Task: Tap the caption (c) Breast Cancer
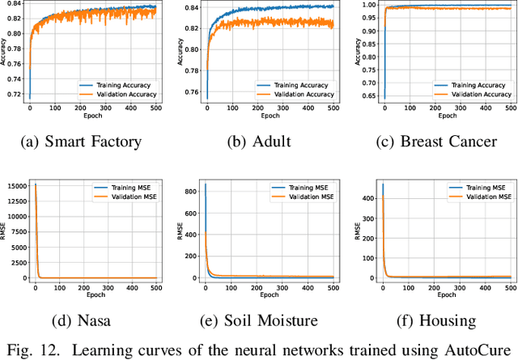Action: click(x=436, y=142)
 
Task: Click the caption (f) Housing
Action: click(x=436, y=321)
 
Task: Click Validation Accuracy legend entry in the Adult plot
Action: click(x=302, y=94)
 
